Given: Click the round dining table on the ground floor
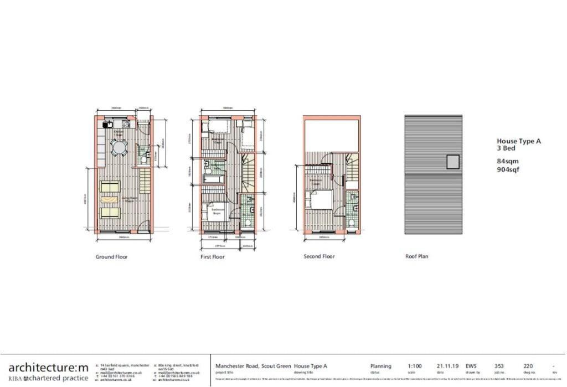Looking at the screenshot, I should (x=119, y=147).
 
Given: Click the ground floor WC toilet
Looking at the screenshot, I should (x=143, y=159).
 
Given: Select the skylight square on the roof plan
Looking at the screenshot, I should (x=453, y=162).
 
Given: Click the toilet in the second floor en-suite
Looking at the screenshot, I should (x=352, y=223).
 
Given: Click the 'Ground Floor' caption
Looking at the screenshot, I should (x=112, y=257).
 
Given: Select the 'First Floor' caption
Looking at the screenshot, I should (x=213, y=257).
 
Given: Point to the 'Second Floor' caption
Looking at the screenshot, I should (x=319, y=256).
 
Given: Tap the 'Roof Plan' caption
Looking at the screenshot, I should (x=417, y=256).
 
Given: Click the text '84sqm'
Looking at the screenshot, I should (x=508, y=161).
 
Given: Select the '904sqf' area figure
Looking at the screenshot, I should (x=508, y=169).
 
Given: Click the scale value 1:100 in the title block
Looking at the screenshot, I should (x=415, y=366).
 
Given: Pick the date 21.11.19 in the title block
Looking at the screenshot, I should (x=447, y=366).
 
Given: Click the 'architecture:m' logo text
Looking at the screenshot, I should (x=48, y=367).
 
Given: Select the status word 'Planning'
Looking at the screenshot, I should (x=380, y=366).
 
